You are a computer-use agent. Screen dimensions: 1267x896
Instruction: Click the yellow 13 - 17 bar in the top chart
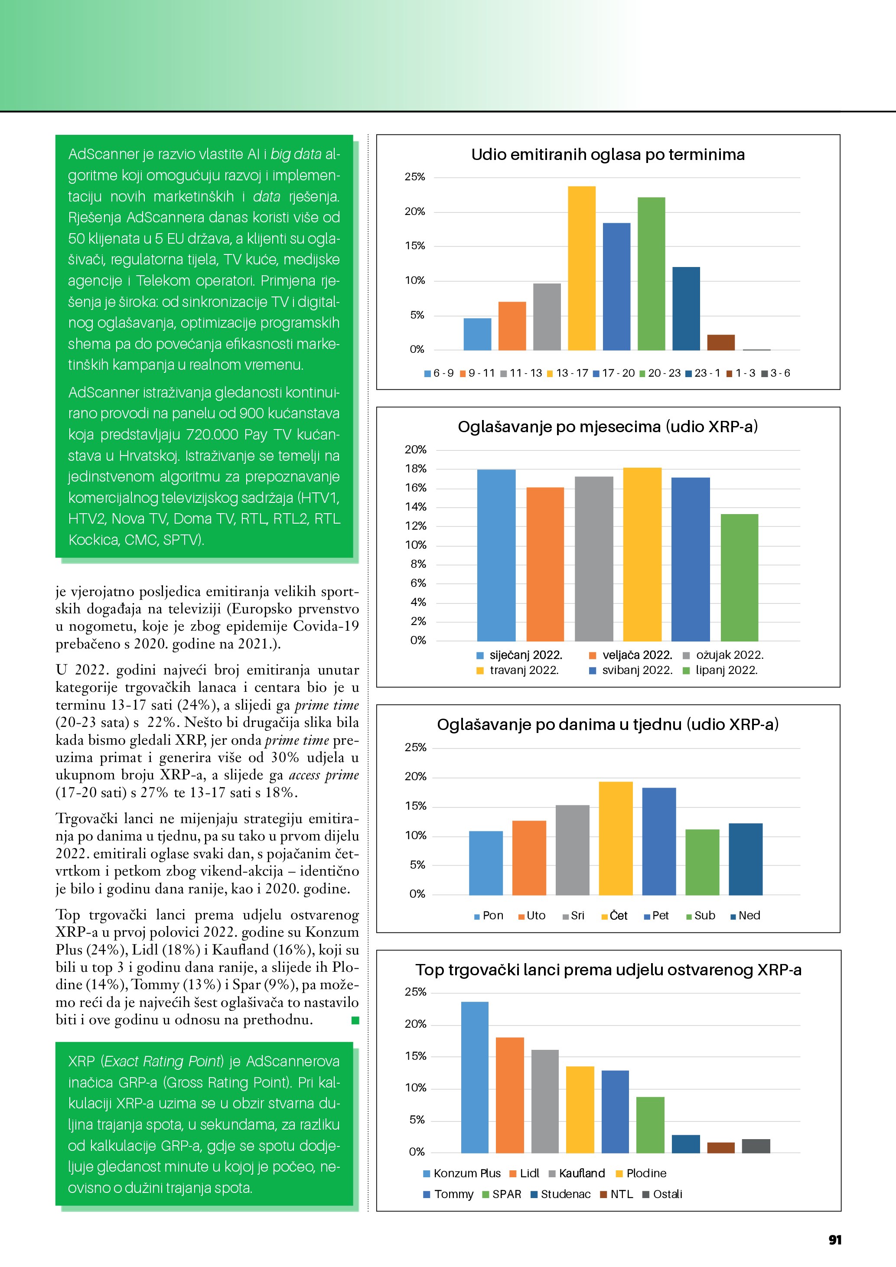(582, 268)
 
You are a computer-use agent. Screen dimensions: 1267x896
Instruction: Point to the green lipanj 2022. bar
(740, 577)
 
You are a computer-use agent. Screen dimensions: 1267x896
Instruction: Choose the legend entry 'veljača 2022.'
(637, 655)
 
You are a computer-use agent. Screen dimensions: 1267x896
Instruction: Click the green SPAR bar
(650, 1125)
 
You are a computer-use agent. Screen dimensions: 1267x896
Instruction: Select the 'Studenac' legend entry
(565, 1194)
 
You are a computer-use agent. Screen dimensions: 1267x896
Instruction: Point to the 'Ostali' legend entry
(667, 1194)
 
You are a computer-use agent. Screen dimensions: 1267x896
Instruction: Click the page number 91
(835, 1239)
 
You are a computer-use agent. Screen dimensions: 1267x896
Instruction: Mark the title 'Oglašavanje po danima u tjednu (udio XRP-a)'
(607, 725)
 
